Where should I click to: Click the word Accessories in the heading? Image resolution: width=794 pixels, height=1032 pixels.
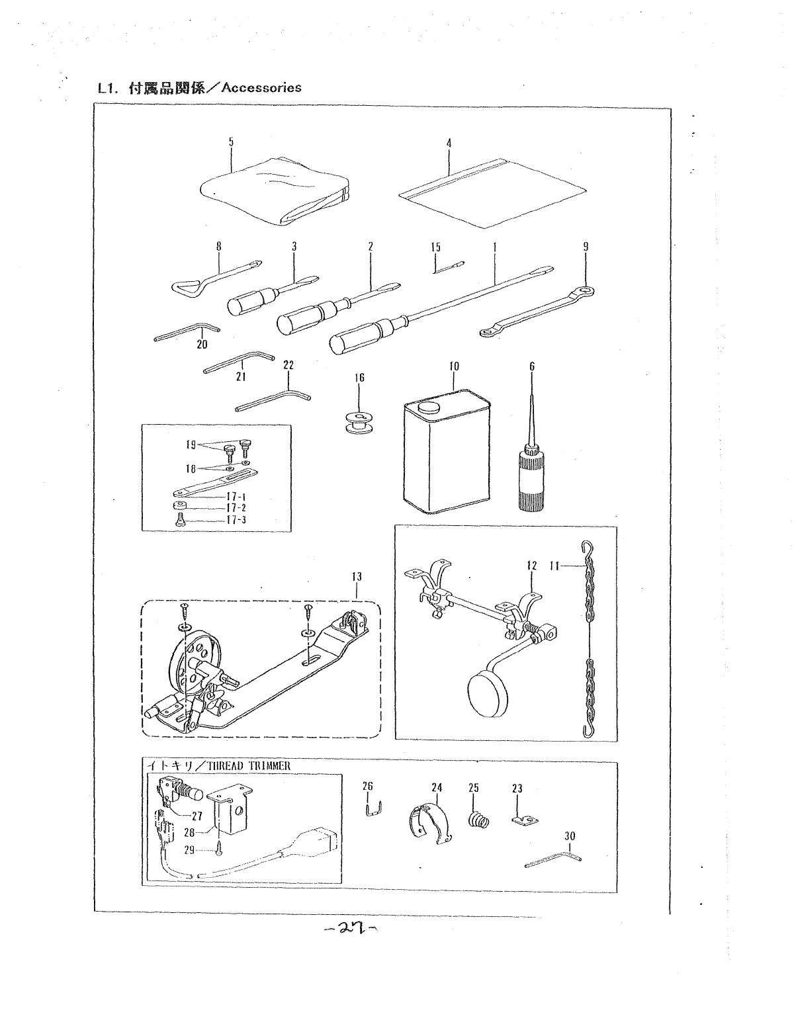tap(262, 87)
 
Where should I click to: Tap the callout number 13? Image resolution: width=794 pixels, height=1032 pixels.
tap(358, 577)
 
